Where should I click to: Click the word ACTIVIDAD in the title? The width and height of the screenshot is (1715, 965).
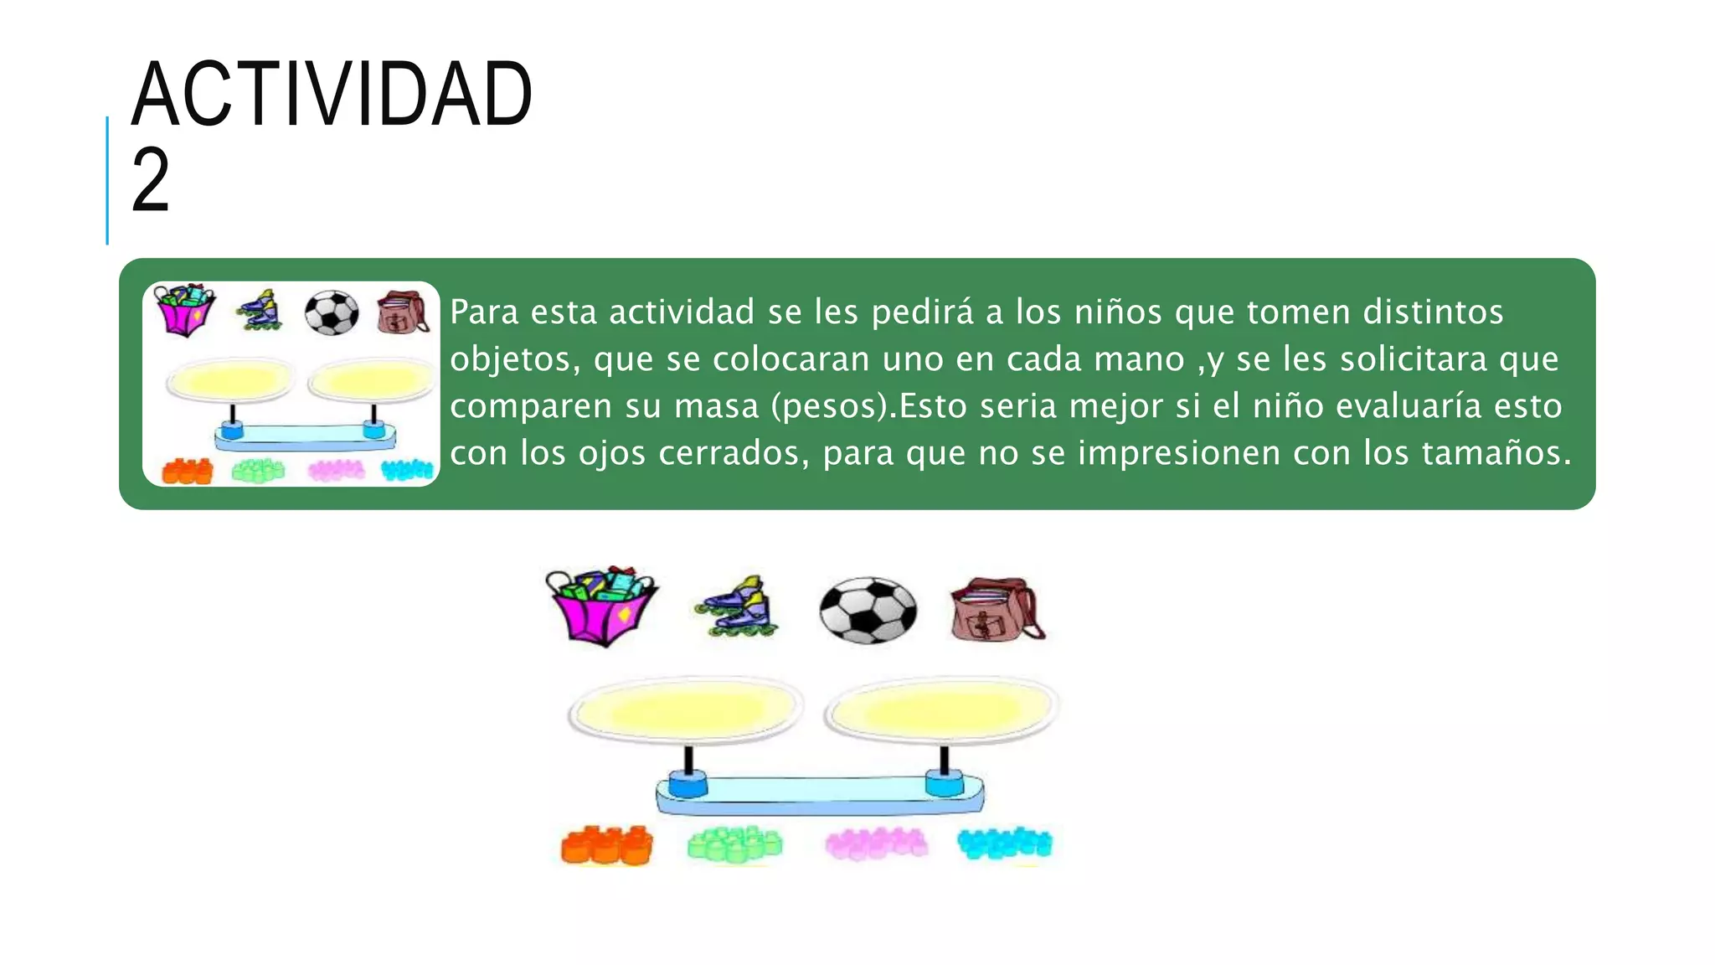point(332,94)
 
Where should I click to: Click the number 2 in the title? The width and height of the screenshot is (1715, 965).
point(151,179)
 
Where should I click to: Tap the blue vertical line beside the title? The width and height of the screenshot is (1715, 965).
point(107,180)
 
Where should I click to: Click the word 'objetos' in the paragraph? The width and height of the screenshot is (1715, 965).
point(514,360)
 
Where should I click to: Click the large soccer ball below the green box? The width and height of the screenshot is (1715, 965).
point(868,610)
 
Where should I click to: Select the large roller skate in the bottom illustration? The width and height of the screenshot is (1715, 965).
point(738,607)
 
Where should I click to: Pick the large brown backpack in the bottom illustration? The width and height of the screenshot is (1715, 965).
point(997,610)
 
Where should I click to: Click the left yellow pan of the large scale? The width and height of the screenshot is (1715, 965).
point(686,710)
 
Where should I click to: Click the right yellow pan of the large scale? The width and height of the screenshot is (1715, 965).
point(942,710)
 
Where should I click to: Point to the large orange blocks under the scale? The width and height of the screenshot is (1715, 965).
point(607,844)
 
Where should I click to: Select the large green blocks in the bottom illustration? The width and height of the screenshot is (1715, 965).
point(734,844)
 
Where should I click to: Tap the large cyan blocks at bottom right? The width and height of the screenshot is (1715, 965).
point(1005,843)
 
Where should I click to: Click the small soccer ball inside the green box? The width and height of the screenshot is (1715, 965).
point(332,313)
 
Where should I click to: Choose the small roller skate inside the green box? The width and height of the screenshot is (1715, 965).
point(260,312)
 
